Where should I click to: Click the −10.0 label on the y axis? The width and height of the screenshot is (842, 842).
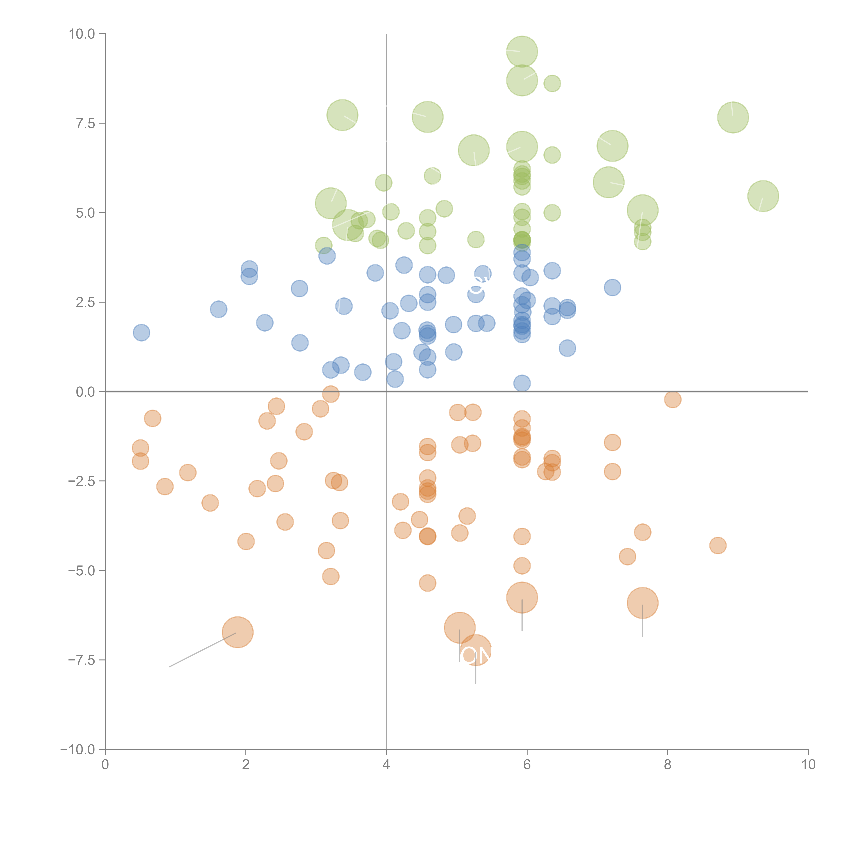click(78, 750)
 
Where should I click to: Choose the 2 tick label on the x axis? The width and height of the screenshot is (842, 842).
click(246, 765)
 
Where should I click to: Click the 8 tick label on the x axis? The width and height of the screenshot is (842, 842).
click(668, 765)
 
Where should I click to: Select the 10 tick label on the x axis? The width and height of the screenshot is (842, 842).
click(808, 765)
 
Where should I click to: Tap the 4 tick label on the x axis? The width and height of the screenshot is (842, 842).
click(386, 765)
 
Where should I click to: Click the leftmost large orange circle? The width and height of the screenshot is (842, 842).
click(237, 632)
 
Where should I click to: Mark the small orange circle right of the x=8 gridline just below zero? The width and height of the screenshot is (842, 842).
click(672, 399)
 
